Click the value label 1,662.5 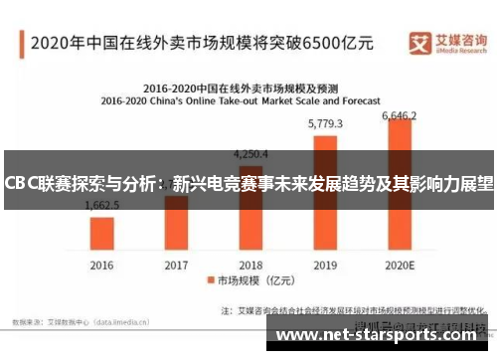102,204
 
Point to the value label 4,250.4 250,154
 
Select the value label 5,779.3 326,124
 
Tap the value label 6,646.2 402,116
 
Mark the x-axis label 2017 176,266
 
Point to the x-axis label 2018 250,266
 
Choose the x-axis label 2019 326,266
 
